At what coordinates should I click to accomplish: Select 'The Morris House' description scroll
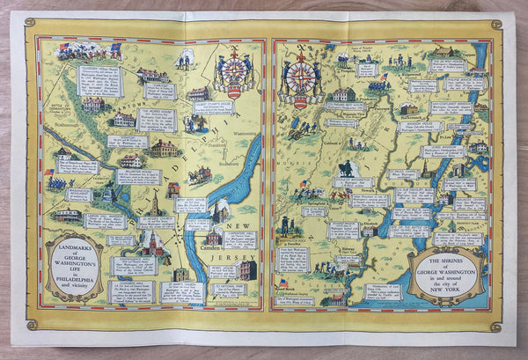pos(158,119)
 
